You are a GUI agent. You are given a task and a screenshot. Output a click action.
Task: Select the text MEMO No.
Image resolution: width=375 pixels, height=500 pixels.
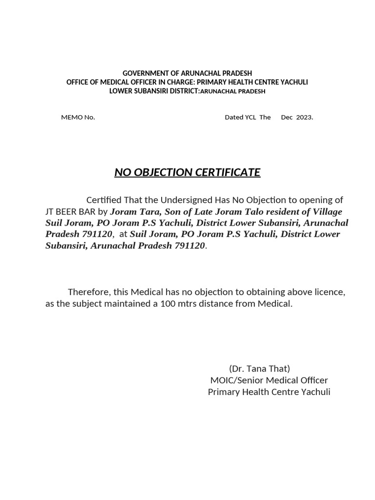click(x=78, y=117)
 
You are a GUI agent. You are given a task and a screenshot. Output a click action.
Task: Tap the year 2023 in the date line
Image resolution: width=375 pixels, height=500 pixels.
click(x=303, y=117)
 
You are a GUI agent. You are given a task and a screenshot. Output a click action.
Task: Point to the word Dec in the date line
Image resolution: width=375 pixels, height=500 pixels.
click(x=287, y=117)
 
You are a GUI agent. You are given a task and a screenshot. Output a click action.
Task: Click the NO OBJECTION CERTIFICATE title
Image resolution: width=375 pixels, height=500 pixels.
click(x=187, y=172)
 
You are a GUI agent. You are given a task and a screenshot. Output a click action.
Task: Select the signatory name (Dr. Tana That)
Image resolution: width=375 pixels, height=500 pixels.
click(x=259, y=369)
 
